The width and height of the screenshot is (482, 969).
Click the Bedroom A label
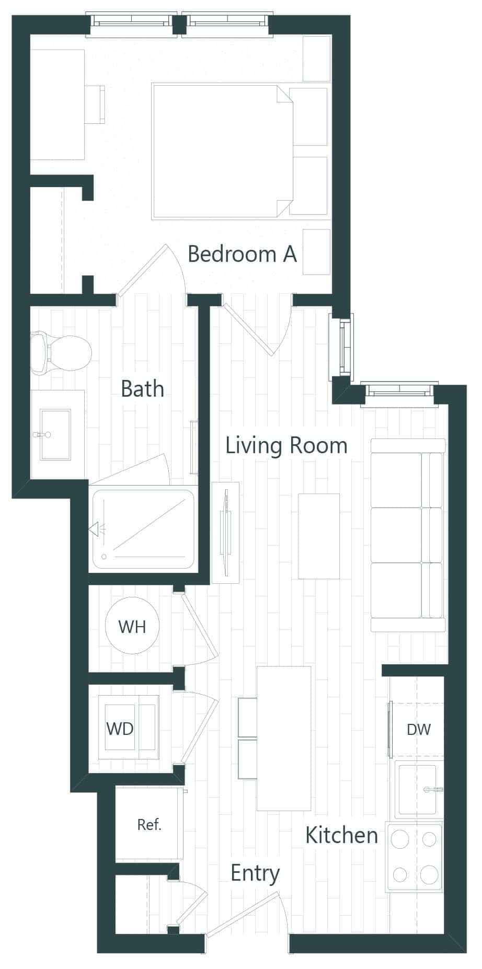pyautogui.click(x=242, y=254)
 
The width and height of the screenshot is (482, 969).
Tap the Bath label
pyautogui.click(x=142, y=389)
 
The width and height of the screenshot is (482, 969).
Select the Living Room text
pyautogui.click(x=286, y=445)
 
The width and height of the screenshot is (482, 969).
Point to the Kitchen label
pyautogui.click(x=341, y=835)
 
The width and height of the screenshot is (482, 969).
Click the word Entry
pyautogui.click(x=255, y=873)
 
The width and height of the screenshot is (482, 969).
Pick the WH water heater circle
pyautogui.click(x=132, y=626)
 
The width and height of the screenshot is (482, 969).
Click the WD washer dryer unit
pyautogui.click(x=129, y=728)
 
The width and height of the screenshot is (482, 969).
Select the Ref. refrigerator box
pyautogui.click(x=149, y=825)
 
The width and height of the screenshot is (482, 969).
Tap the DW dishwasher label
pyautogui.click(x=418, y=730)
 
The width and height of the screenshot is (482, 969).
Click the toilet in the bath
pyautogui.click(x=62, y=352)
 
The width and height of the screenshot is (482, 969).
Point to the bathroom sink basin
pyautogui.click(x=55, y=434)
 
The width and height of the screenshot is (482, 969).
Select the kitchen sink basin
pyautogui.click(x=417, y=789)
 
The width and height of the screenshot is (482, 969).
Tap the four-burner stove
pyautogui.click(x=415, y=857)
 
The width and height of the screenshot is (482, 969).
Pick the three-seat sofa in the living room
pyautogui.click(x=408, y=535)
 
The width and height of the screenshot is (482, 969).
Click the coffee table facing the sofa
pyautogui.click(x=319, y=536)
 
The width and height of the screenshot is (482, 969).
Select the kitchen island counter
pyautogui.click(x=284, y=738)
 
